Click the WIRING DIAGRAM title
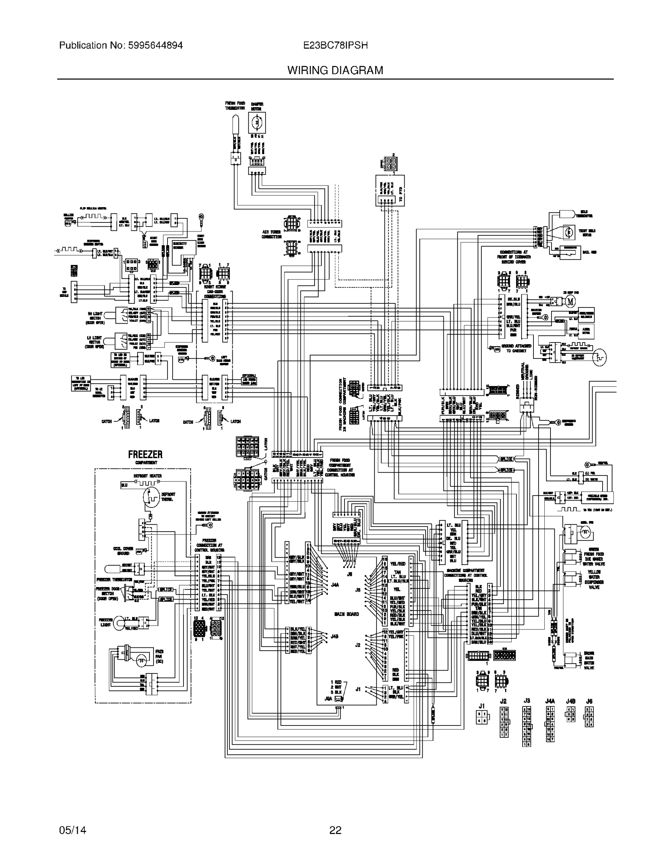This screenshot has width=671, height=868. pos(335,71)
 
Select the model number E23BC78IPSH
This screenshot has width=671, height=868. pos(335,45)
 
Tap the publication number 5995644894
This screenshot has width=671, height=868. pos(155,45)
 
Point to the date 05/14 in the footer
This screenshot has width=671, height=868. pos(72,830)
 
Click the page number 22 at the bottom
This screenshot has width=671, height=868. pos(335,830)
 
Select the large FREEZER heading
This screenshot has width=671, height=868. pos(145,454)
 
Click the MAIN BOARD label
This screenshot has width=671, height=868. pos(346,614)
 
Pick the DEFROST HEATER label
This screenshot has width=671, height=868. pos(148,476)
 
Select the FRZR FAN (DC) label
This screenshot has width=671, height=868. pos(159,656)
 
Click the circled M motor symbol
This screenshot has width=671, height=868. pos(570,302)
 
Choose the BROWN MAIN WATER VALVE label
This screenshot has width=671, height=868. pos(589,660)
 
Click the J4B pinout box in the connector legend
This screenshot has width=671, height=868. pos(570,714)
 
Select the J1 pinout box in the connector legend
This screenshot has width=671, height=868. pos(482,717)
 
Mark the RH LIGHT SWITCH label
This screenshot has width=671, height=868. pos(95,318)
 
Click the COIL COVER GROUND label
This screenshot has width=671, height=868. pos(123,551)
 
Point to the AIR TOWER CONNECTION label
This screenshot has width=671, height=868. pos(271,234)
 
